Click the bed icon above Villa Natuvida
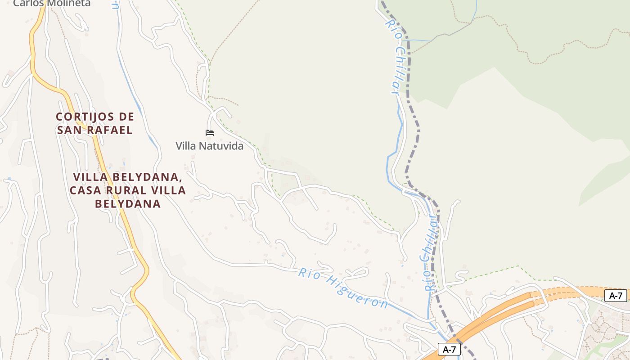[x=210, y=133]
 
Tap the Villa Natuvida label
[x=209, y=146]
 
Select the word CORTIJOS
[x=83, y=117]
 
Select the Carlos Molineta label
[x=52, y=4]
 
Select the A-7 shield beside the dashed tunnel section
[x=616, y=296]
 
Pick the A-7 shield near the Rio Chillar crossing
[x=449, y=349]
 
